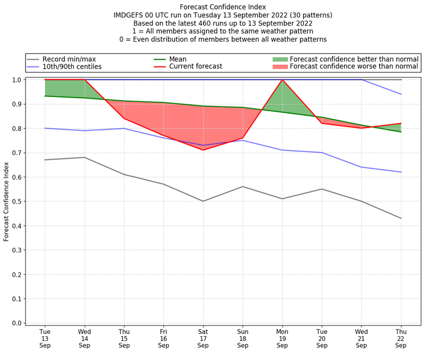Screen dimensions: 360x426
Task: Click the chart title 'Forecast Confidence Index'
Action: coord(223,7)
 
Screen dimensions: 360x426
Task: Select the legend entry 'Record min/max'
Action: coord(69,59)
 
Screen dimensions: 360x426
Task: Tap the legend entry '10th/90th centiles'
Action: coord(72,67)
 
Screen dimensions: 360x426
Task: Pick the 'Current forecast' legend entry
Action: coord(195,67)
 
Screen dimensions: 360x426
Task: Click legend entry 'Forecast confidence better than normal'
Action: coord(354,59)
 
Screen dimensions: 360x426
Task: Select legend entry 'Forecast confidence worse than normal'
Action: coord(354,67)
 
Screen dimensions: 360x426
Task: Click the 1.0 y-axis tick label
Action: coord(17,80)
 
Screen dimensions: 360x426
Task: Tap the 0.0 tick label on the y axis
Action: coord(17,323)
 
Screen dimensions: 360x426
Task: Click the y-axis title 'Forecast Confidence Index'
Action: coord(6,201)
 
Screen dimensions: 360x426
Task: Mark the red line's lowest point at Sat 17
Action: coord(203,150)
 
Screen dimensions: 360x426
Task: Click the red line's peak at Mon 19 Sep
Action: coord(282,80)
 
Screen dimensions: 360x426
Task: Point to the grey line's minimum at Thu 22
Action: coord(401,218)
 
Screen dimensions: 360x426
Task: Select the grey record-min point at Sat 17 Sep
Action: coord(203,201)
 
